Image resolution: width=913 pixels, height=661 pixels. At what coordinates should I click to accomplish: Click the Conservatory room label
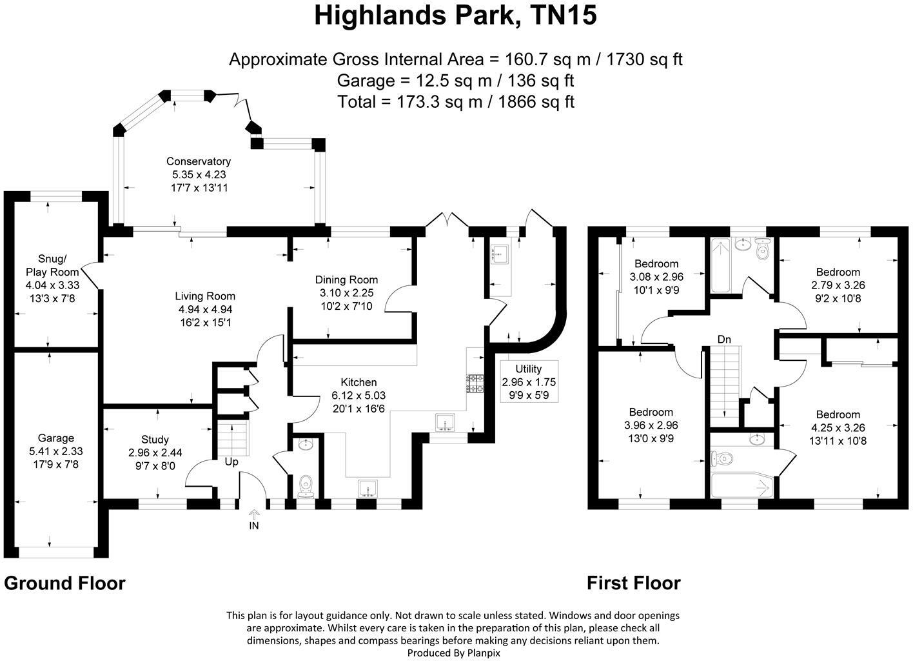(198, 161)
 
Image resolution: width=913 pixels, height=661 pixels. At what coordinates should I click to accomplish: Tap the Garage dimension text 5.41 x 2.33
(55, 451)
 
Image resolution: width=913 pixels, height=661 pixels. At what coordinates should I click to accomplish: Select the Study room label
(155, 440)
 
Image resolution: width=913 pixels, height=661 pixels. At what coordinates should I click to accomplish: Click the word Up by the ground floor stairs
(231, 462)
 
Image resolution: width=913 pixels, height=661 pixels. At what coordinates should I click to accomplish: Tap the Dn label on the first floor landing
(725, 339)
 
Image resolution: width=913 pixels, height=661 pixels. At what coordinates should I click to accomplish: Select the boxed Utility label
(529, 369)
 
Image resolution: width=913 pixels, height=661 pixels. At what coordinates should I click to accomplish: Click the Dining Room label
(346, 280)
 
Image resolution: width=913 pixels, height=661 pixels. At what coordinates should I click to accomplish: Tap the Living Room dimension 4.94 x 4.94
(205, 309)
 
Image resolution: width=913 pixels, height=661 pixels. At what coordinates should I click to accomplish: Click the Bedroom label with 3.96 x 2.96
(651, 412)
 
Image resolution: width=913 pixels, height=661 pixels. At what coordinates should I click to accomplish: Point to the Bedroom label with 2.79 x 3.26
(838, 272)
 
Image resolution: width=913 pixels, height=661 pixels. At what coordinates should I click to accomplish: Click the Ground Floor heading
(64, 583)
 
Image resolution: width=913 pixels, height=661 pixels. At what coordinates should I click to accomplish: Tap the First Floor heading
(633, 583)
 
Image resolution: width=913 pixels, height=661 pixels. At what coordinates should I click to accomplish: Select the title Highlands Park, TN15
(455, 15)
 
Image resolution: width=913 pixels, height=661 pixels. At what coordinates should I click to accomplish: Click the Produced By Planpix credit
(453, 653)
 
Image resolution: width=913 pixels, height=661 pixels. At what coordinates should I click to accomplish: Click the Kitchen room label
(358, 382)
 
